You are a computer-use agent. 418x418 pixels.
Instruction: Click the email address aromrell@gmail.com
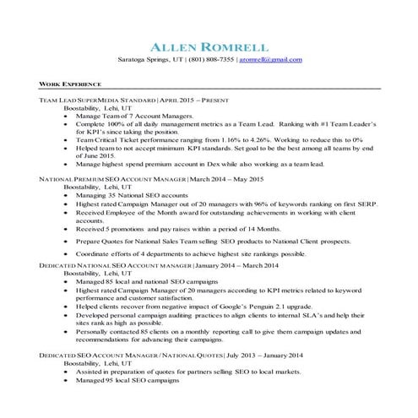click(271, 60)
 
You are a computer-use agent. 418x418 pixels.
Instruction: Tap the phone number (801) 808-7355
click(208, 60)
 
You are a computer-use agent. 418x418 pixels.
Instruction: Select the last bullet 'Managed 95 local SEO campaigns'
click(128, 383)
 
